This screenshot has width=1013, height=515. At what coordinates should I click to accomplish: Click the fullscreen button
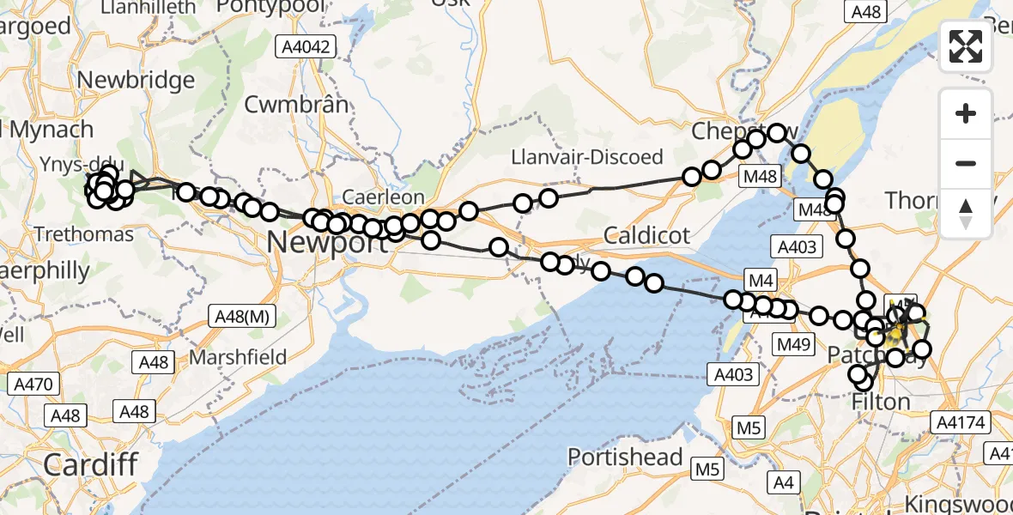(x=966, y=46)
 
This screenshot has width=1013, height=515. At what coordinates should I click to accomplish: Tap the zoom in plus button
(x=966, y=113)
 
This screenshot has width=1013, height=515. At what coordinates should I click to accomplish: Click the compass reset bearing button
(x=966, y=213)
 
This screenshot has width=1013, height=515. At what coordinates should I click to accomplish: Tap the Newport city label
(x=326, y=242)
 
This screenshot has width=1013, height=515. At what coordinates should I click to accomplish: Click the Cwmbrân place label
(x=297, y=105)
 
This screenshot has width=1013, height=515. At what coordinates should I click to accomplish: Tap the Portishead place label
(x=625, y=457)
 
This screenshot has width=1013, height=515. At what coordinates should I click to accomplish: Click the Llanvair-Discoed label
(x=587, y=157)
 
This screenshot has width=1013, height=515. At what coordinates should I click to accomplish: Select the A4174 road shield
(x=961, y=421)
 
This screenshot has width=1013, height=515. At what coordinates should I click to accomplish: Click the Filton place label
(x=881, y=402)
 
